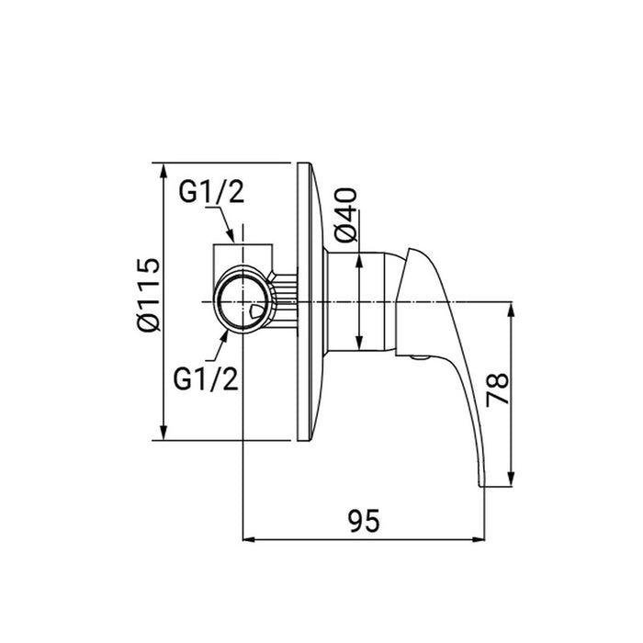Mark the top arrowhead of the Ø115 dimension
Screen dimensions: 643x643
pyautogui.click(x=164, y=171)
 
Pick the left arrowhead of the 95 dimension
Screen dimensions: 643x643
pyautogui.click(x=248, y=538)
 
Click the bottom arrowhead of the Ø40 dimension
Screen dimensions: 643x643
pyautogui.click(x=357, y=344)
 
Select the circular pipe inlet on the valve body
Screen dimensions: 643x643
pyautogui.click(x=243, y=301)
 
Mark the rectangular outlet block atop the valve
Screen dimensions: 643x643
pyautogui.click(x=243, y=257)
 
